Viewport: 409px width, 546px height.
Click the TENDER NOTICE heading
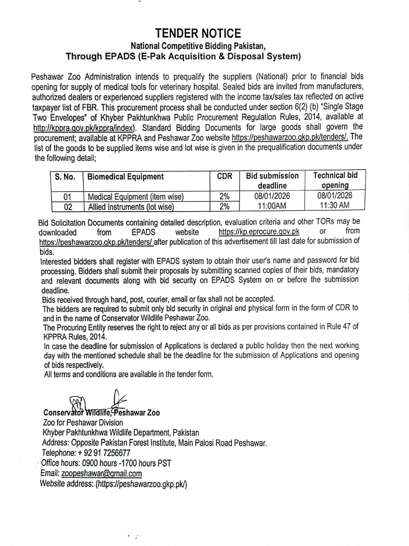click(x=198, y=33)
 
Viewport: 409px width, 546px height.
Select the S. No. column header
click(x=65, y=177)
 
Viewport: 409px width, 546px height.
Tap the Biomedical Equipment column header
click(x=125, y=177)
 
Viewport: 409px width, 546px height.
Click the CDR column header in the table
click(x=224, y=176)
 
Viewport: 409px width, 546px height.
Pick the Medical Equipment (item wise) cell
click(x=136, y=197)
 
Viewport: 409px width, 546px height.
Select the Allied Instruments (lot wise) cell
click(x=131, y=207)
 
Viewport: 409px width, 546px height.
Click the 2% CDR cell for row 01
click(x=224, y=196)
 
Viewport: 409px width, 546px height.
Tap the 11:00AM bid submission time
click(x=272, y=206)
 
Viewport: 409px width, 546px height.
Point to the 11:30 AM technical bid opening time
click(x=335, y=205)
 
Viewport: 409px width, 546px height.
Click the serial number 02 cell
click(x=67, y=207)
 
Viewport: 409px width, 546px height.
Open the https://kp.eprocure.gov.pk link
click(x=259, y=232)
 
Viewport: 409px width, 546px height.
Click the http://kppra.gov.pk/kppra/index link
click(x=84, y=128)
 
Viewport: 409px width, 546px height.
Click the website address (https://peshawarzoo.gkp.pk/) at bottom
click(x=141, y=484)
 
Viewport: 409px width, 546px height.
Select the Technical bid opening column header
click(x=335, y=180)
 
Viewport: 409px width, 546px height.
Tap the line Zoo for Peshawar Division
click(x=83, y=423)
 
